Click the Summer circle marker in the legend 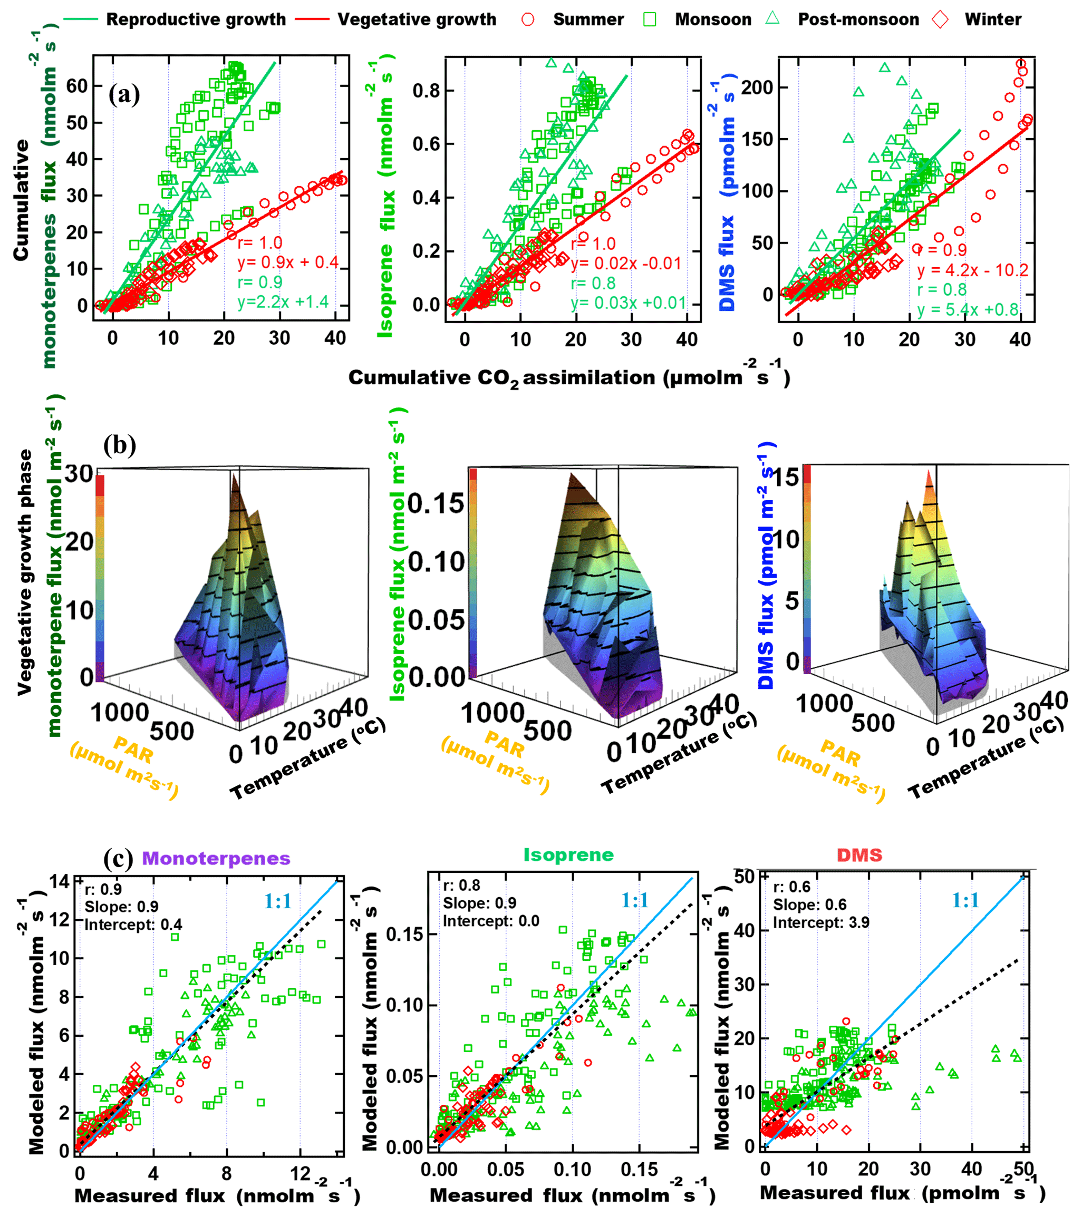(527, 20)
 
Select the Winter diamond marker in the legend (940, 20)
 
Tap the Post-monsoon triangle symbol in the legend (772, 18)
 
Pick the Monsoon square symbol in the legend (650, 20)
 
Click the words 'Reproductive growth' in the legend (196, 20)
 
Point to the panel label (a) (124, 94)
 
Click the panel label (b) (119, 445)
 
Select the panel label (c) (118, 859)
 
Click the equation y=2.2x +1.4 (283, 302)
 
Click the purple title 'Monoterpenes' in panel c (216, 859)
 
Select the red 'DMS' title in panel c (859, 855)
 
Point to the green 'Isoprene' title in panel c (568, 855)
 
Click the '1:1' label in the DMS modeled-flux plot (965, 900)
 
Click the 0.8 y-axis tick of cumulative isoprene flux (426, 91)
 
